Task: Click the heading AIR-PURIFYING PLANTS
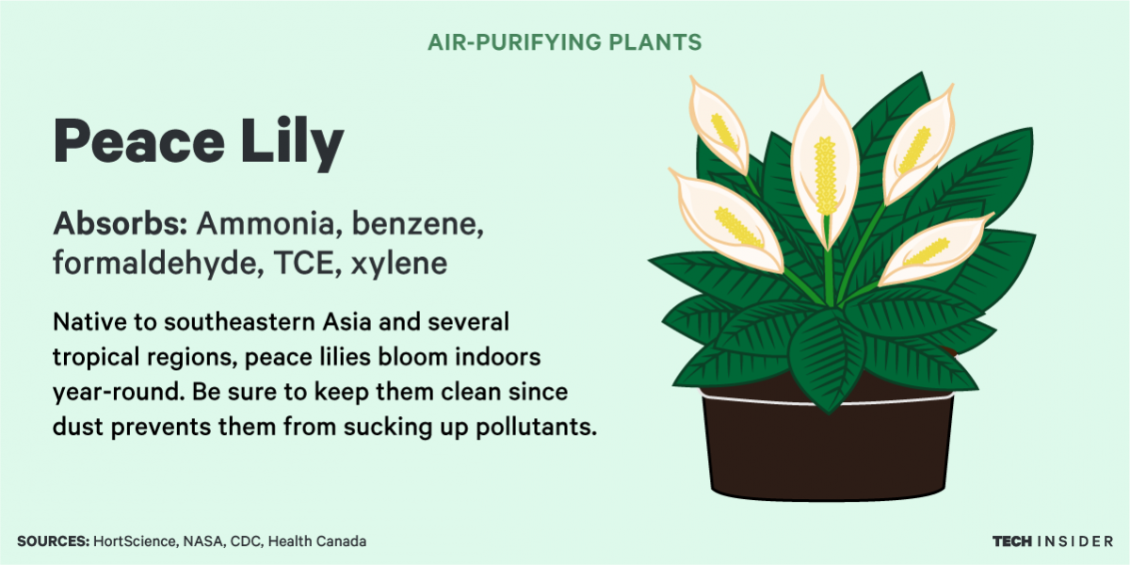(564, 42)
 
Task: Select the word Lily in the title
(292, 143)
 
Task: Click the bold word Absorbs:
(121, 223)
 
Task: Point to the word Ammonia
(266, 223)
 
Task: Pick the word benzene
(418, 223)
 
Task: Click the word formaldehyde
(158, 264)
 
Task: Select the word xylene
(399, 265)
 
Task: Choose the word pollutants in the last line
(536, 427)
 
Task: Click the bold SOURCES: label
(54, 541)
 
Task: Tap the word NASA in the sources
(202, 541)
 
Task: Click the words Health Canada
(316, 541)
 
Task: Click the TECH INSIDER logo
(1053, 541)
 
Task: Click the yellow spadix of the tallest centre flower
(825, 175)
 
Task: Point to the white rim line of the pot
(828, 402)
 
